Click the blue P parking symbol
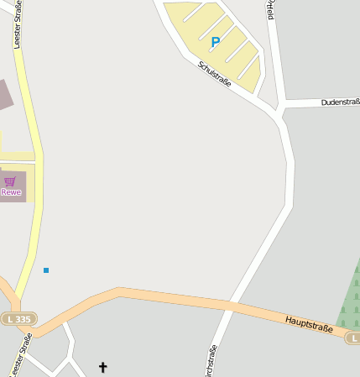click(216, 41)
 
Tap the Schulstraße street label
click(215, 74)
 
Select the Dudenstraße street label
click(340, 102)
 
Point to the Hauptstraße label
click(308, 324)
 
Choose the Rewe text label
click(11, 192)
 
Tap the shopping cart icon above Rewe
click(10, 181)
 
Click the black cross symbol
click(103, 367)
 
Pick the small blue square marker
click(46, 270)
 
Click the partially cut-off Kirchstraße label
click(211, 361)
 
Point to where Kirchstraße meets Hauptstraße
click(232, 303)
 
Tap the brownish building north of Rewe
click(4, 94)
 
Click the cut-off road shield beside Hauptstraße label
click(352, 338)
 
